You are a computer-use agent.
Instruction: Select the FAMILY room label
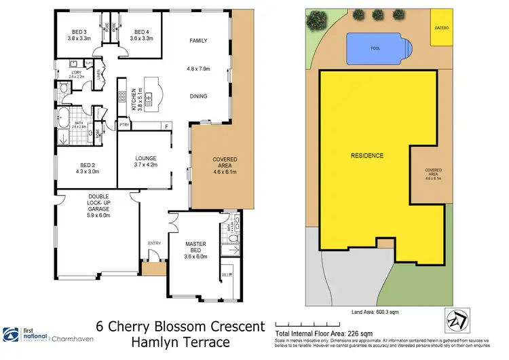[x=197, y=41]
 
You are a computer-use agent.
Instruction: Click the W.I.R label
[x=226, y=275]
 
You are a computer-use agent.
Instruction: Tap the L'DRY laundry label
[x=76, y=73]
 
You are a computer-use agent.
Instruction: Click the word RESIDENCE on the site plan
[x=366, y=156]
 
